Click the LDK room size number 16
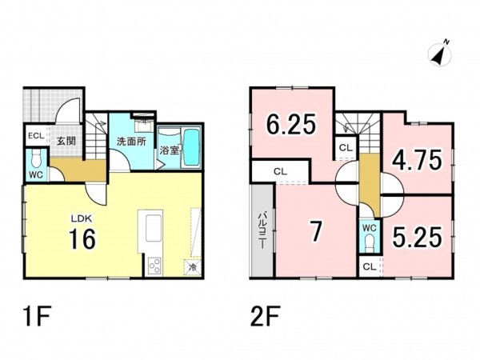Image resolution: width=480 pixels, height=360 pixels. (82, 239)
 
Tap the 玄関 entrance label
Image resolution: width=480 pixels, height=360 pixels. (66, 142)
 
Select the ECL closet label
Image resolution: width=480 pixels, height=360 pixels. (36, 136)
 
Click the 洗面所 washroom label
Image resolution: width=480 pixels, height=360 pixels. (131, 142)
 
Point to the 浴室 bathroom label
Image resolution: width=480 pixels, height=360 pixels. (170, 150)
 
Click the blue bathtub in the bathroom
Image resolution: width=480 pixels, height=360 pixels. (191, 148)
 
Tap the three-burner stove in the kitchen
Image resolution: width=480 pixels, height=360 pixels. (154, 266)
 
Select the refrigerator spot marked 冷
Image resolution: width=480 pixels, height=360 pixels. (193, 267)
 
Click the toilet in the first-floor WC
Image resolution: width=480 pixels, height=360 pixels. (37, 158)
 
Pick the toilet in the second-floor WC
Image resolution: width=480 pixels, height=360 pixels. (370, 242)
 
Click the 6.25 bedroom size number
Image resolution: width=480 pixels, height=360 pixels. (290, 124)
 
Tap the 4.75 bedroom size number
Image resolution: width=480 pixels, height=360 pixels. (418, 159)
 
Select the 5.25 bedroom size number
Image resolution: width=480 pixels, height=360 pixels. (418, 237)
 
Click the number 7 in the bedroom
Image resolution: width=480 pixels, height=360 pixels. (316, 231)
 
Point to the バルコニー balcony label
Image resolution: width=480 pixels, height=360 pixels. (262, 230)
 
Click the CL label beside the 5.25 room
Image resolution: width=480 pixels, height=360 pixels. (369, 267)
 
